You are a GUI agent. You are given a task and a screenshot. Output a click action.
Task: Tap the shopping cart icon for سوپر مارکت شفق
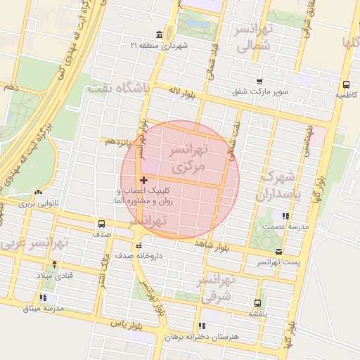[x=259, y=82]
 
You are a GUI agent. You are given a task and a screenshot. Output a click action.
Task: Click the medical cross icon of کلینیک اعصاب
[x=144, y=181]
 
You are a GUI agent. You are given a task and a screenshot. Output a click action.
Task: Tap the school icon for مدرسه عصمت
[x=285, y=217]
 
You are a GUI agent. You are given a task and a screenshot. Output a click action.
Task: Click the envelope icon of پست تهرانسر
[x=279, y=252]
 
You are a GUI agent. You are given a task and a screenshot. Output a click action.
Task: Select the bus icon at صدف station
[x=102, y=225]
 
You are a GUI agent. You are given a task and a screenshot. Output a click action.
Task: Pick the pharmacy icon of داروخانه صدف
[x=139, y=246]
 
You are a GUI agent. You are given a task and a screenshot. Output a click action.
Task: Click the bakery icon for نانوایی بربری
[x=39, y=193]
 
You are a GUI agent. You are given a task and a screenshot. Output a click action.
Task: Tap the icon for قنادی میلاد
[x=51, y=265]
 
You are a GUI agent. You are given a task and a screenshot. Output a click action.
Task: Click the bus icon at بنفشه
[x=258, y=303]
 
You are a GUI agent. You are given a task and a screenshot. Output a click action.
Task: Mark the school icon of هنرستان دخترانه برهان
[x=202, y=326]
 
